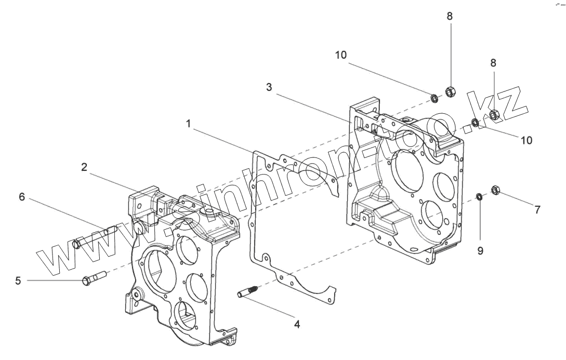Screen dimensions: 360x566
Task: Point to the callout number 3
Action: coord(269,87)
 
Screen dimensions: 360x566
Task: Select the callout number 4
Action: coord(297,325)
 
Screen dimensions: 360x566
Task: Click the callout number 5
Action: coord(18,281)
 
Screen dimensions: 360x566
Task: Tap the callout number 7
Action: coord(537,210)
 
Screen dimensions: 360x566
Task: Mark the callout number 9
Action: coord(480,250)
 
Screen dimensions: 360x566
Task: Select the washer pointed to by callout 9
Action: coord(480,196)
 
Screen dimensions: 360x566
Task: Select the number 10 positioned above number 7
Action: coord(526,140)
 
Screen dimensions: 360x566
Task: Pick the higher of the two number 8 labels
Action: coord(450,16)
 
